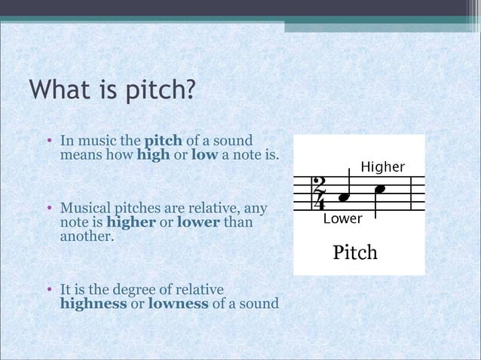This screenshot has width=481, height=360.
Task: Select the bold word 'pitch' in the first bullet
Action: pyautogui.click(x=161, y=141)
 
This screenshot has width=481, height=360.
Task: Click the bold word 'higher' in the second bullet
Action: pyautogui.click(x=131, y=222)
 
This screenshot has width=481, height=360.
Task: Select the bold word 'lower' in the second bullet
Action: pyautogui.click(x=197, y=222)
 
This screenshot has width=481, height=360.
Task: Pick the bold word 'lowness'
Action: pyautogui.click(x=174, y=304)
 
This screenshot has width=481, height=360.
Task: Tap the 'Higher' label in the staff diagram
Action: pyautogui.click(x=382, y=166)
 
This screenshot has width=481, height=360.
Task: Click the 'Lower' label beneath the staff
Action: pyautogui.click(x=342, y=219)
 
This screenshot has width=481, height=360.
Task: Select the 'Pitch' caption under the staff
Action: pyautogui.click(x=355, y=252)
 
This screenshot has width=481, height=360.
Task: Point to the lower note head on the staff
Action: pyautogui.click(x=345, y=197)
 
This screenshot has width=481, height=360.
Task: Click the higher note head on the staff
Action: pyautogui.click(x=381, y=188)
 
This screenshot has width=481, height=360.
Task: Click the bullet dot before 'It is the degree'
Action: pyautogui.click(x=47, y=291)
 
